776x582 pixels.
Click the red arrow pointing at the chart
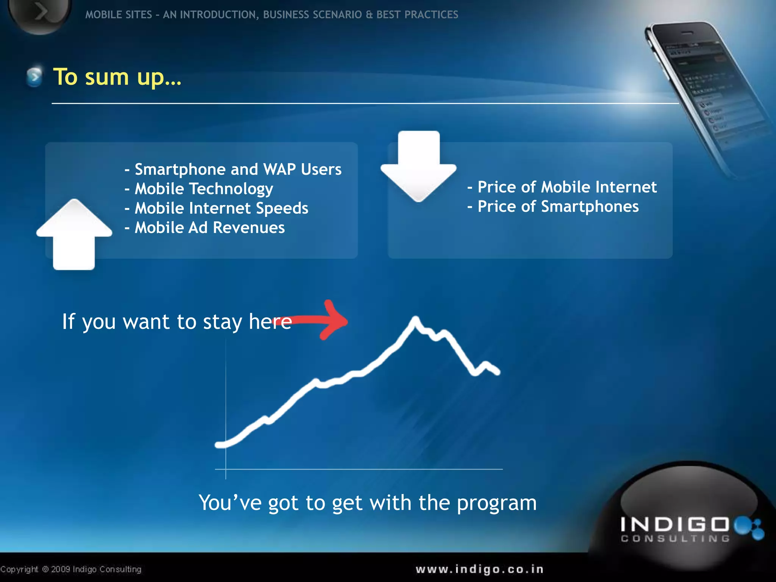[x=326, y=321]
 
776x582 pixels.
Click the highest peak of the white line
[x=416, y=319]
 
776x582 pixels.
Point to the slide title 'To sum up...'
[x=117, y=77]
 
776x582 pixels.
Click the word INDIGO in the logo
[x=674, y=524]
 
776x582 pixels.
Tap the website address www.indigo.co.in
[x=479, y=569]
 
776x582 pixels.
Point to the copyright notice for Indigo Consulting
[x=71, y=569]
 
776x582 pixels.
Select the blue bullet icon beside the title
[x=34, y=77]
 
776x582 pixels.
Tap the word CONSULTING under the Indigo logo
[x=675, y=538]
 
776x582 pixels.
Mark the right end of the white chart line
[x=498, y=372]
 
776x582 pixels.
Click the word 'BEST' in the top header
[x=389, y=14]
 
